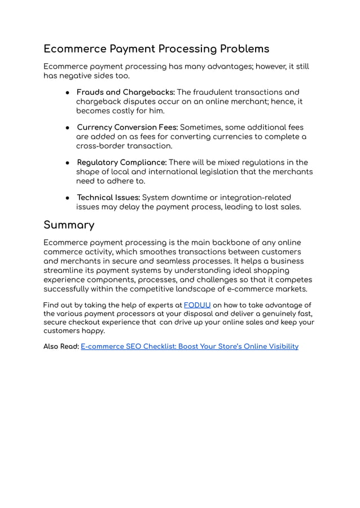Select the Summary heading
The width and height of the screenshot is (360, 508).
69,225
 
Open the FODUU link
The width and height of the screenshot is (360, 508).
197,305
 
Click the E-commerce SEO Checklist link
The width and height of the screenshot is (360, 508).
190,346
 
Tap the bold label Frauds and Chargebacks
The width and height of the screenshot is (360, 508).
126,92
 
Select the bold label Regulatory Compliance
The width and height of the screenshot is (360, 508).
121,162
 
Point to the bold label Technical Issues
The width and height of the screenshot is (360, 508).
108,197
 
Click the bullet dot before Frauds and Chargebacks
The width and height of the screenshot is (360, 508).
67,92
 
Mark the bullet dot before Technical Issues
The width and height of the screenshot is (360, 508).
67,197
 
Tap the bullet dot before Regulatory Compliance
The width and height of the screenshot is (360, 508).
67,162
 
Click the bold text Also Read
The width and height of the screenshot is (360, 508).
61,346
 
